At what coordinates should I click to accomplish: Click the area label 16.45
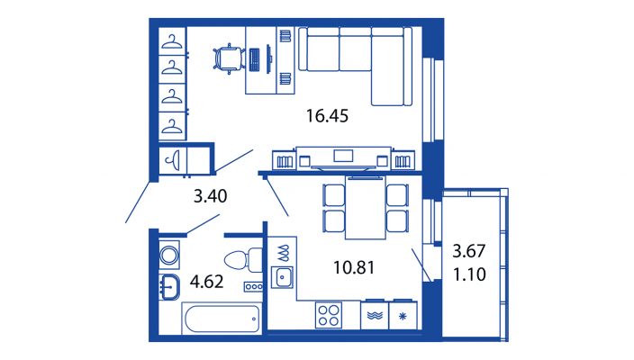[x=327, y=116]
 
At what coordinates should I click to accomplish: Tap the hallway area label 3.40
[x=210, y=196]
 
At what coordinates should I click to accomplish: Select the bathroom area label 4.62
[x=206, y=282]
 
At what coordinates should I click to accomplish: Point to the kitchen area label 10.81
[x=354, y=267]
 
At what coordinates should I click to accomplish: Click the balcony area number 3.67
[x=469, y=251]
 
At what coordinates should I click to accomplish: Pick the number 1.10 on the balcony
[x=469, y=274]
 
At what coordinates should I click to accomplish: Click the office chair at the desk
[x=229, y=59]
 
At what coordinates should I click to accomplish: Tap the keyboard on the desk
[x=254, y=59]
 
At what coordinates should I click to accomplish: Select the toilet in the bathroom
[x=243, y=260]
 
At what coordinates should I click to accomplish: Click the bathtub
[x=222, y=319]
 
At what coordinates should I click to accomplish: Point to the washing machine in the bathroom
[x=169, y=255]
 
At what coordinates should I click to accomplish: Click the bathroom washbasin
[x=170, y=287]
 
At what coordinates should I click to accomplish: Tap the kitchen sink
[x=282, y=277]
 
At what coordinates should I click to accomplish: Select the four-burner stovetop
[x=329, y=316]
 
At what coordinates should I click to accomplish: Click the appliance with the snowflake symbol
[x=403, y=315]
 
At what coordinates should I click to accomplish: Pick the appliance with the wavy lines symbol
[x=375, y=315]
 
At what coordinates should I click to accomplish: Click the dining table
[x=366, y=208]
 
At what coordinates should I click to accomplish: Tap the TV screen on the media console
[x=343, y=156]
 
